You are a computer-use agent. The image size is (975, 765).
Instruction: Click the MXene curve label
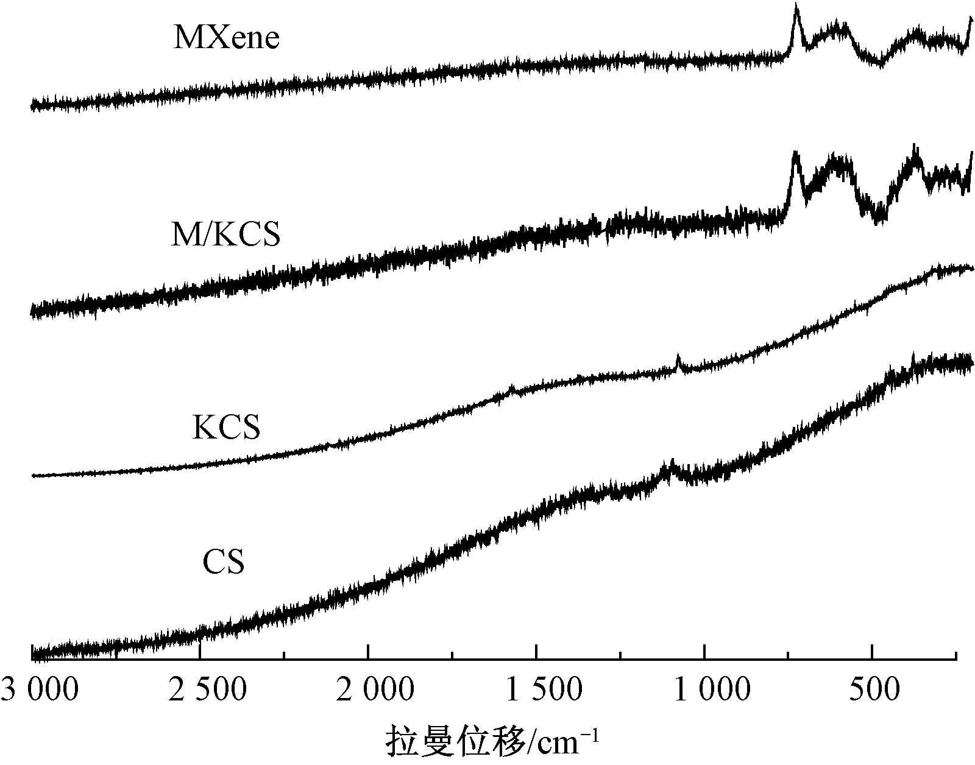[x=226, y=38]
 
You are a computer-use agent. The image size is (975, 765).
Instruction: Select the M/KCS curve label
[x=225, y=234]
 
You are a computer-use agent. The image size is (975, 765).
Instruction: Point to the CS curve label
[x=224, y=562]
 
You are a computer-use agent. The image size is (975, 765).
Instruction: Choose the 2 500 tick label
[x=200, y=691]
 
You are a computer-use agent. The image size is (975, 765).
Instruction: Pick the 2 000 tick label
[x=368, y=691]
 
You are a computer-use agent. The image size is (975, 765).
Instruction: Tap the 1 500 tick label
[x=536, y=691]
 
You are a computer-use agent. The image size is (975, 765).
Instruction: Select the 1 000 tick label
[x=704, y=691]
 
